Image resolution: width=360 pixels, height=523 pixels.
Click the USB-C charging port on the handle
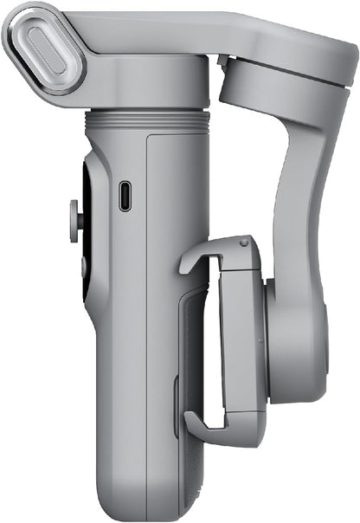coord(125,196)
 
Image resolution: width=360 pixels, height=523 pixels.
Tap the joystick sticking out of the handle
coord(74,217)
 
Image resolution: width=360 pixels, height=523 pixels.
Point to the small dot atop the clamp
coord(243,243)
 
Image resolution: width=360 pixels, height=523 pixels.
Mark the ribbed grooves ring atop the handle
coord(147,119)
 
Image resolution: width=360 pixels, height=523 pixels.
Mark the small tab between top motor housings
coord(224,62)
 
